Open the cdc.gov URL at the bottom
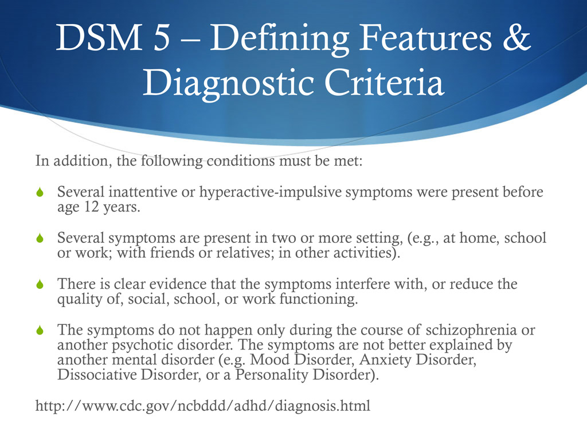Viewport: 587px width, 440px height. click(202, 406)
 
